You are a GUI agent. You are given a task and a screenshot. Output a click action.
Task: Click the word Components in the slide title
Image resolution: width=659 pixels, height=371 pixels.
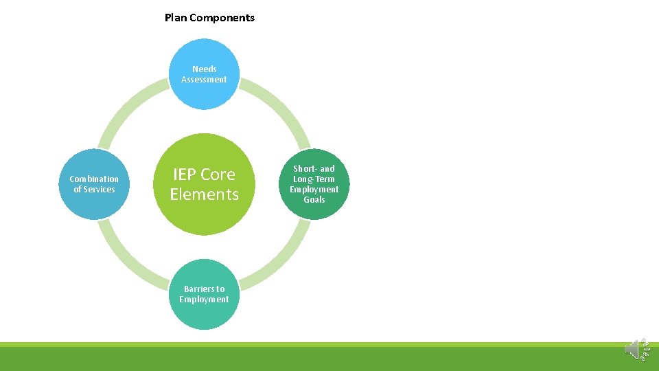[x=222, y=18]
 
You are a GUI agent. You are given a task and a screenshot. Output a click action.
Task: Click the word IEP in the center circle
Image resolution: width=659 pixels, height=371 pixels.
[x=187, y=175]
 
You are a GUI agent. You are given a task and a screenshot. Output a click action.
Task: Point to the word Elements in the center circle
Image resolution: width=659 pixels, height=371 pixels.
[x=204, y=194]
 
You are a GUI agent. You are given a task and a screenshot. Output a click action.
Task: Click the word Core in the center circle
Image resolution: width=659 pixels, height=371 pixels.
[x=218, y=175]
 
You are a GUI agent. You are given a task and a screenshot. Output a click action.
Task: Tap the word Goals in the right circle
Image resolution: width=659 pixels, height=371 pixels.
[x=314, y=200]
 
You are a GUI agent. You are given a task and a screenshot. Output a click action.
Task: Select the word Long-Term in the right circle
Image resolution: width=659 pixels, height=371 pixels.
[x=314, y=179]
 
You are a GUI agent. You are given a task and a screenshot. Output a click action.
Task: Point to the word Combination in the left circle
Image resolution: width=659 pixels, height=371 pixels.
[x=94, y=179]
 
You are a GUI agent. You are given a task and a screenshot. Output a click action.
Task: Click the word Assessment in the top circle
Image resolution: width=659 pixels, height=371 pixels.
[x=204, y=80]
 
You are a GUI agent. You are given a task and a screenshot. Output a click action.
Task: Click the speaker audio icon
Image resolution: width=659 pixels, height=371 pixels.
[x=635, y=348]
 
